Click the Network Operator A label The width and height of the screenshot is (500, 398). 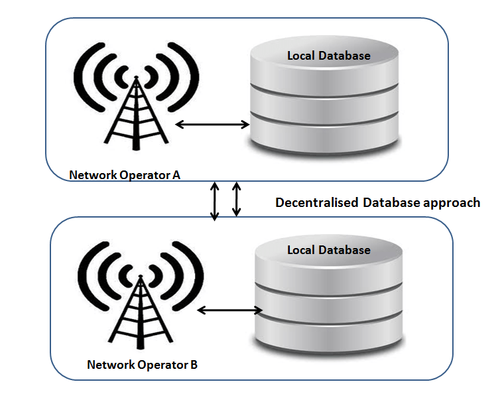tap(125, 175)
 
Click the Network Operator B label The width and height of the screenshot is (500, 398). tap(142, 365)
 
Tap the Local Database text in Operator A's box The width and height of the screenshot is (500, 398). tap(329, 56)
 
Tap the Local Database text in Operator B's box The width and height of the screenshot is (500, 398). tap(329, 249)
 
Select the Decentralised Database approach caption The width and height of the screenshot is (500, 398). tap(378, 203)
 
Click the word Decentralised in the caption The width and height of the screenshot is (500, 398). tap(317, 202)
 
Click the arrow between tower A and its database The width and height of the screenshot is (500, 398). tap(212, 125)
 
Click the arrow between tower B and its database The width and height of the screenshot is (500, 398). tap(229, 310)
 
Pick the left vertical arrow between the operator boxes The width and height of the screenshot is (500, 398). tap(215, 201)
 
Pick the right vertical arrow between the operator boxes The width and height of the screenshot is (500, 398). tap(236, 199)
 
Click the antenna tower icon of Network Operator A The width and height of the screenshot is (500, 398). tap(136, 113)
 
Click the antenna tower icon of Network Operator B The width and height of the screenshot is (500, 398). tap(141, 312)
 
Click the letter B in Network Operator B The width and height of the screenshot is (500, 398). tap(194, 365)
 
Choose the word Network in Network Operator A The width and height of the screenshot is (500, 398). tap(93, 175)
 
